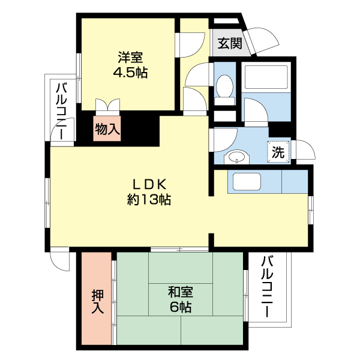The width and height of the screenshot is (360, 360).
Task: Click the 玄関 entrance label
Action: (x=230, y=43)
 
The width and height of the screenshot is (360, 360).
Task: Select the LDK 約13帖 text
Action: (x=149, y=192)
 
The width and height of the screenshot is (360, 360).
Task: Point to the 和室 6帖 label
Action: (x=180, y=299)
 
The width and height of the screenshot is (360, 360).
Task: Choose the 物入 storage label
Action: (x=107, y=128)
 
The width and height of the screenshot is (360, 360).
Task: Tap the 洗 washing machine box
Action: (x=278, y=152)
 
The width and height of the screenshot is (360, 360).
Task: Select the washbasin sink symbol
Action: (x=236, y=158)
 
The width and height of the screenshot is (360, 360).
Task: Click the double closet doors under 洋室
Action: (x=108, y=106)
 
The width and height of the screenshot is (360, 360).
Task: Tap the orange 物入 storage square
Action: (x=107, y=128)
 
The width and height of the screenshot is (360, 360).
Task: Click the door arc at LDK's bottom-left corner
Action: (x=60, y=260)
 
